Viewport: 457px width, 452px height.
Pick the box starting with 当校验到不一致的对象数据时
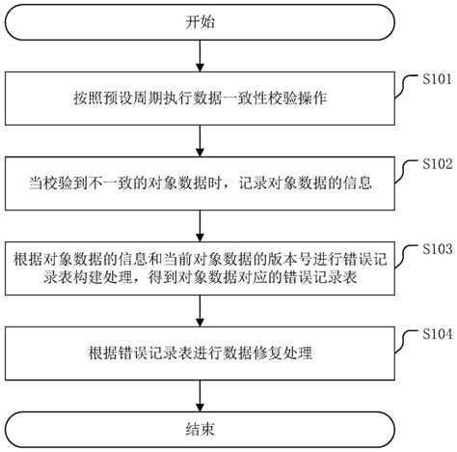197,181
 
